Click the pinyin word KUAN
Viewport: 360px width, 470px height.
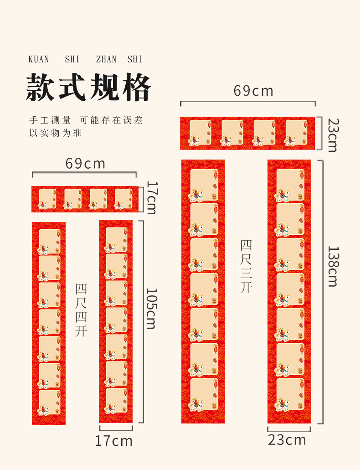tap(39, 59)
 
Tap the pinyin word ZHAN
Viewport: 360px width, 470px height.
tap(106, 59)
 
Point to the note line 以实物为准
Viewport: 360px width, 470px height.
tap(55, 133)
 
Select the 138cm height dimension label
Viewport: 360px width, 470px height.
tap(333, 267)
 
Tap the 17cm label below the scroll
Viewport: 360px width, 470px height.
tap(114, 441)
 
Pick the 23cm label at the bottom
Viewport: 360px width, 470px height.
tap(287, 440)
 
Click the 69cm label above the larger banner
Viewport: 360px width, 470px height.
tap(253, 91)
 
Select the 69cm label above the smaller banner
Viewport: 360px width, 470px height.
tap(85, 163)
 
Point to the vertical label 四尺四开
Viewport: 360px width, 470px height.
tap(81, 310)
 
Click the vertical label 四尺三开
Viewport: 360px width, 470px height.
tap(247, 266)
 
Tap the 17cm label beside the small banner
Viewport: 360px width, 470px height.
tap(151, 197)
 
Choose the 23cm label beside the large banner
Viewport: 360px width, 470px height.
tap(333, 135)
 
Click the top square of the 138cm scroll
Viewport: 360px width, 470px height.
tap(290, 185)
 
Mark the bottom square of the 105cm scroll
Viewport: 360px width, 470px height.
tap(116, 401)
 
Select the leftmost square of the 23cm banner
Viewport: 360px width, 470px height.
tap(200, 133)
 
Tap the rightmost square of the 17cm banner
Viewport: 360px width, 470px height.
tap(123, 199)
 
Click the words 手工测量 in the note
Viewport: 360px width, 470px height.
tap(50, 120)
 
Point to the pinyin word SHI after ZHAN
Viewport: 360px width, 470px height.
tap(135, 59)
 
